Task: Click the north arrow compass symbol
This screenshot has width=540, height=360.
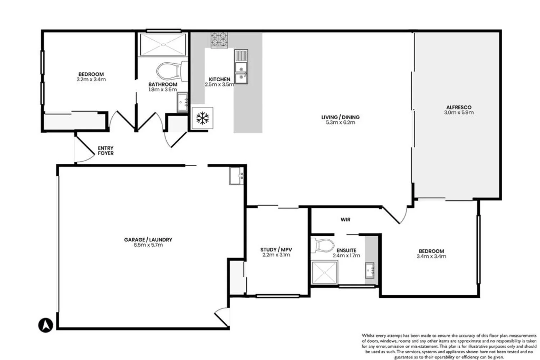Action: pyautogui.click(x=46, y=325)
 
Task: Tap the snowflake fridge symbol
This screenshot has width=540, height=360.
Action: pyautogui.click(x=203, y=118)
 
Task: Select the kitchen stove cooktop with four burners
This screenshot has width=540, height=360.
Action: pyautogui.click(x=219, y=40)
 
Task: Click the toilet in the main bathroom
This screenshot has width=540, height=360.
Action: pyautogui.click(x=168, y=71)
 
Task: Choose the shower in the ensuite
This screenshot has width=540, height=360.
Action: pyautogui.click(x=324, y=274)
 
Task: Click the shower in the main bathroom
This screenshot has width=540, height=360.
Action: pyautogui.click(x=163, y=45)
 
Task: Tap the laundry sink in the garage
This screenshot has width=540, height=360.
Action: pyautogui.click(x=237, y=176)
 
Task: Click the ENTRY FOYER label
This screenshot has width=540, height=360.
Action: pyautogui.click(x=105, y=150)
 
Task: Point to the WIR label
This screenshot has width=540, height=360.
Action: pyautogui.click(x=345, y=220)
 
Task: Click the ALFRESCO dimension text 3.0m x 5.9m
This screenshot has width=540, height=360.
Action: pyautogui.click(x=459, y=112)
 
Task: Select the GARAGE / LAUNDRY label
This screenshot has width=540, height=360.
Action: pyautogui.click(x=148, y=240)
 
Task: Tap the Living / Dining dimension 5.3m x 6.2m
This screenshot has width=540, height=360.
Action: pyautogui.click(x=340, y=122)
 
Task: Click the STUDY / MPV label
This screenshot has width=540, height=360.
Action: pyautogui.click(x=276, y=249)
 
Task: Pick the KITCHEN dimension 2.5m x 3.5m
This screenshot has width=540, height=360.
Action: pyautogui.click(x=219, y=85)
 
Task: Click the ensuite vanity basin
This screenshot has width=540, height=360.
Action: pyautogui.click(x=370, y=270)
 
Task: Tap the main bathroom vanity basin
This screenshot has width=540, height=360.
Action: pyautogui.click(x=182, y=102)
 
